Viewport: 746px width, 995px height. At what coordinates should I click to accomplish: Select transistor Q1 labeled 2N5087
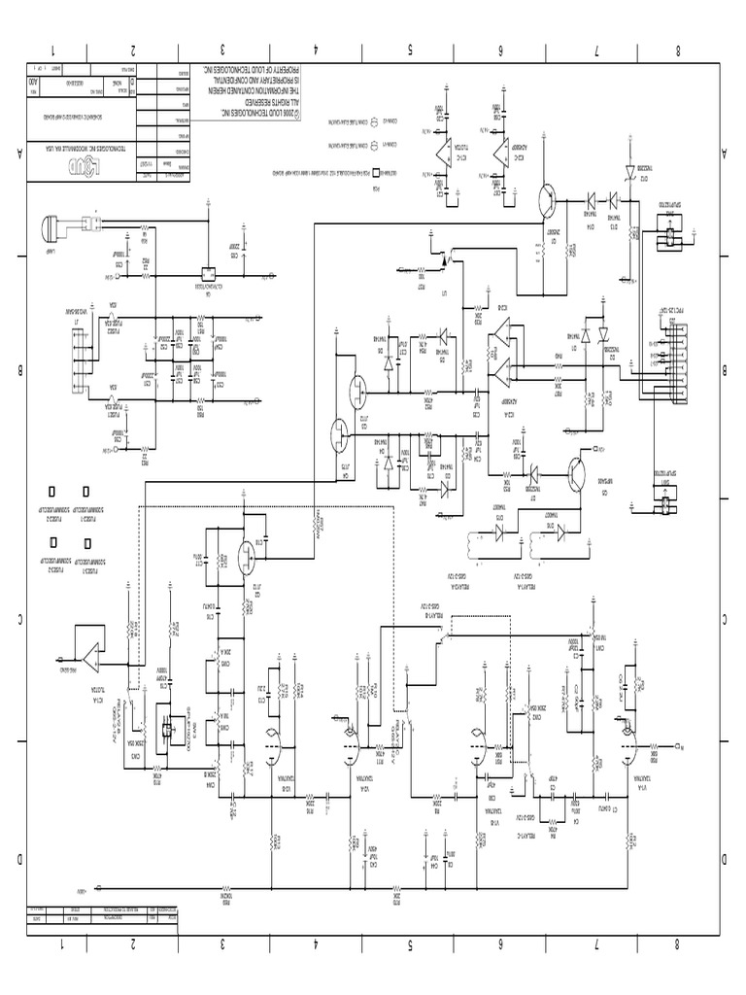point(549,199)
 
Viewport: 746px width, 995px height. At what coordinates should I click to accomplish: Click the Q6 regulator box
point(207,273)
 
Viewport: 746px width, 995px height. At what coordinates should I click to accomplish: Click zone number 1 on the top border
point(53,51)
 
